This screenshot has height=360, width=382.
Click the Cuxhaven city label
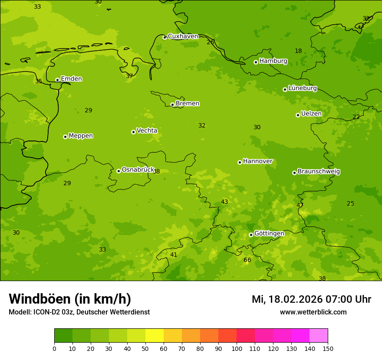click(183, 36)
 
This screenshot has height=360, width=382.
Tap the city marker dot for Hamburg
click(256, 62)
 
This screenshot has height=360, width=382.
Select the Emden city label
click(71, 79)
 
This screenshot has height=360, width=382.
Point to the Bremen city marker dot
click(172, 105)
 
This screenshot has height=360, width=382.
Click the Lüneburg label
click(303, 88)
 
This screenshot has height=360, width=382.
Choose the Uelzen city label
click(311, 114)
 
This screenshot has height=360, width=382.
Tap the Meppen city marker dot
click(65, 137)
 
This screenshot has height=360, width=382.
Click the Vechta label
click(147, 131)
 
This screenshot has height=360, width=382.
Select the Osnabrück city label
click(138, 170)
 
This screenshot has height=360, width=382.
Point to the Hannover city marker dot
click(240, 162)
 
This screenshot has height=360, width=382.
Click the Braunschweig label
click(319, 171)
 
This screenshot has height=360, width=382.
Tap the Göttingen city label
click(269, 233)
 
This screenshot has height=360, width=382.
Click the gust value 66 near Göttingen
click(247, 260)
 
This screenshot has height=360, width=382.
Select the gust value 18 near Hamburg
click(298, 51)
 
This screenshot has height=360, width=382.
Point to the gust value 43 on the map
click(224, 202)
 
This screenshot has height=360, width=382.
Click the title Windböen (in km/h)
click(70, 299)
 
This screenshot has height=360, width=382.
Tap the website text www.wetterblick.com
click(313, 312)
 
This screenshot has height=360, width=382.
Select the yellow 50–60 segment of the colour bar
click(155, 336)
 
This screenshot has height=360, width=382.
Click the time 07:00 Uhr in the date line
click(351, 299)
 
